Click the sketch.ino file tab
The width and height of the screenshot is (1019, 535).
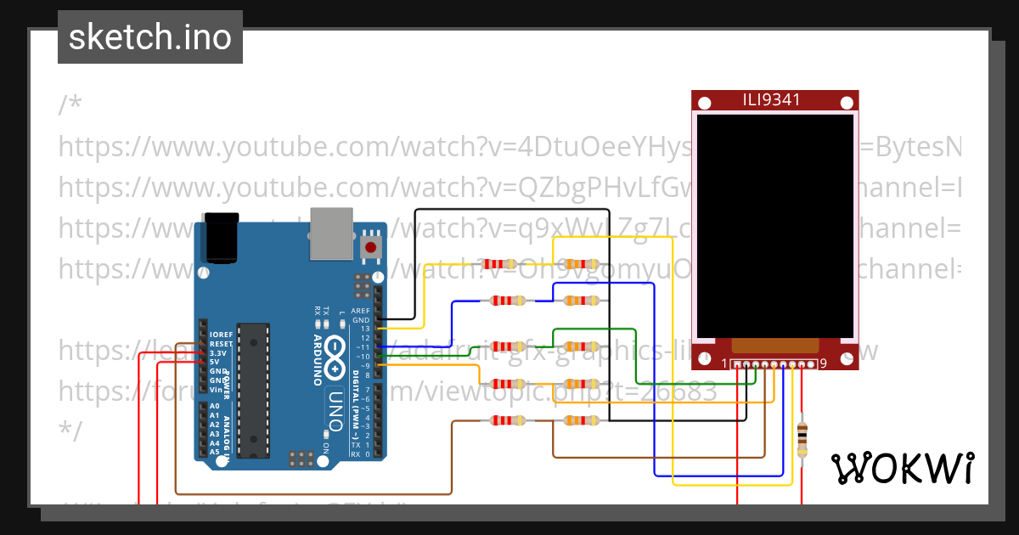[149, 37]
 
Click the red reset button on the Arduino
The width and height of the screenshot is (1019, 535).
[371, 247]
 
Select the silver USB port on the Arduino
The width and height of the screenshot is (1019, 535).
[331, 233]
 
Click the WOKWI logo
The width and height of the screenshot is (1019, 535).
[902, 468]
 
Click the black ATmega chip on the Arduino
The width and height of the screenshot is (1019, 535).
[253, 390]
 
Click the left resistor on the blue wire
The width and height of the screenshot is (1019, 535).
[508, 300]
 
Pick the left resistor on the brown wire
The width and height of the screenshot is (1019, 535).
[508, 420]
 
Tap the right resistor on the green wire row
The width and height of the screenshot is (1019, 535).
[581, 346]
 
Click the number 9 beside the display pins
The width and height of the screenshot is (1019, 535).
[822, 364]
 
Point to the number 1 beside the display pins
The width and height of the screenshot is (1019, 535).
[724, 364]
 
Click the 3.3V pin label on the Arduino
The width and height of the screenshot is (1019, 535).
[218, 352]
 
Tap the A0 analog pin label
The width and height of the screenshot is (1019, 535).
[214, 406]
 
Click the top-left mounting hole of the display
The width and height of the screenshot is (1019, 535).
[704, 104]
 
